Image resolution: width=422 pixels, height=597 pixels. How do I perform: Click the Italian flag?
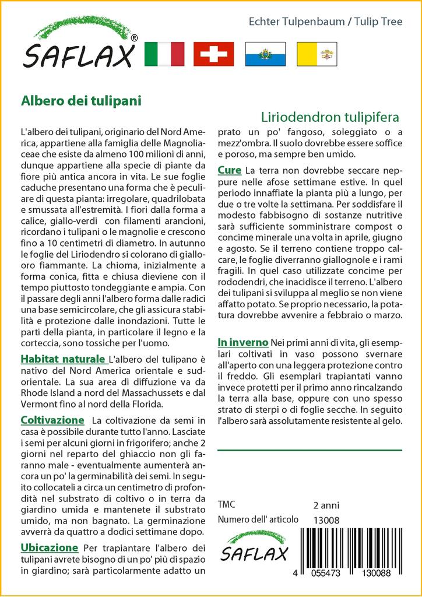tap(164, 54)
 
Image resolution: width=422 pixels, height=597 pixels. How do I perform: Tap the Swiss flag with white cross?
tap(213, 54)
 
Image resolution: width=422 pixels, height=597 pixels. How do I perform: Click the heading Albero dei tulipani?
tap(81, 100)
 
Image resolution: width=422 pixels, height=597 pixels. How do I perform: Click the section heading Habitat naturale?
tap(63, 359)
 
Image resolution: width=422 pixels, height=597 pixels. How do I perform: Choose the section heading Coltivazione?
tap(52, 420)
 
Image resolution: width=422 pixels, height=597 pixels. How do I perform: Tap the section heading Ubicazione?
tap(50, 547)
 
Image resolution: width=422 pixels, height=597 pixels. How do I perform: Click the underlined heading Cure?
tap(230, 170)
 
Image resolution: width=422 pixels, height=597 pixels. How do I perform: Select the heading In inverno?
tap(242, 342)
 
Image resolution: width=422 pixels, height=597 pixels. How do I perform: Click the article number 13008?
tap(326, 520)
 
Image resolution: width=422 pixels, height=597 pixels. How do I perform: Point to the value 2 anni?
tap(326, 505)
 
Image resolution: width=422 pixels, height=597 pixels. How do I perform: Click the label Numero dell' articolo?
tap(258, 519)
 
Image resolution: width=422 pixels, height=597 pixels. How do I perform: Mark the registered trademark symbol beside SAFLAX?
tap(135, 38)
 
